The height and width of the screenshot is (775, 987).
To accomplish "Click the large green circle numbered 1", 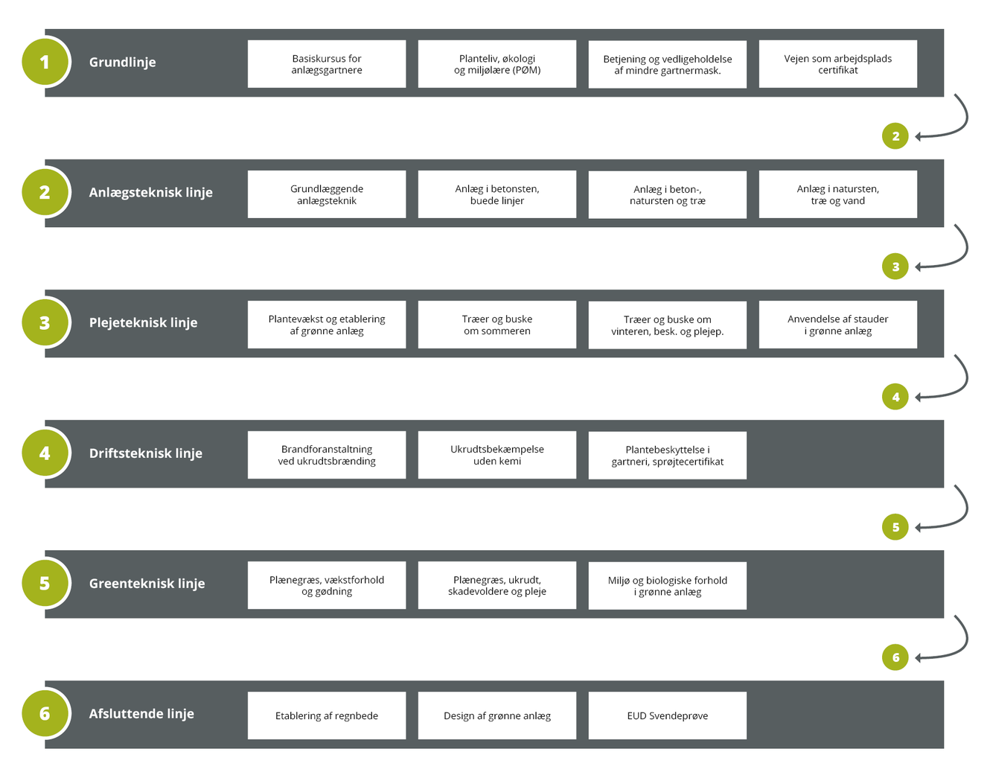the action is pos(45,62).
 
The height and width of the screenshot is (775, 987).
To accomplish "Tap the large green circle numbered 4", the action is pos(45,453).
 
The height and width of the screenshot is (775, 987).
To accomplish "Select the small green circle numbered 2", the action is pos(895,135).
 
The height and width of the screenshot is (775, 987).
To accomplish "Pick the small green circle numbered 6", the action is pos(895,657).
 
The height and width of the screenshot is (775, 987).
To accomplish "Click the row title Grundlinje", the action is pos(122,63).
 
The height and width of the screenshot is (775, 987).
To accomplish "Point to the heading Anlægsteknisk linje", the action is pos(151,193).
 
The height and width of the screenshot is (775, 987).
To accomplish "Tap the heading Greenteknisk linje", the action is pos(147,583).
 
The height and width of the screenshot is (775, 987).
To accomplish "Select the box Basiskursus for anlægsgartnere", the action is pos(327,64).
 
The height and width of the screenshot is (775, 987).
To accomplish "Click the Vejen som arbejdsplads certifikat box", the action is pos(837,64).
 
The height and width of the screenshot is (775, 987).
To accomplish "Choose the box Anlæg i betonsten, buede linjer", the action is pos(497,194).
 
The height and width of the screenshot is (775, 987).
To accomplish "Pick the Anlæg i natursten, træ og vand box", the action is pos(837,194).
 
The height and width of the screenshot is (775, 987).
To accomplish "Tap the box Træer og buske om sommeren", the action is pos(497,325).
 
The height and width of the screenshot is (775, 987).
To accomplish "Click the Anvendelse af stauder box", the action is pos(837,325).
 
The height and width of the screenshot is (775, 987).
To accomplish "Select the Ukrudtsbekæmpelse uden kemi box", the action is pos(497,455).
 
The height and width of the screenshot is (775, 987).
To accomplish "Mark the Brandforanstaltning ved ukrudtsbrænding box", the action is pos(327,455).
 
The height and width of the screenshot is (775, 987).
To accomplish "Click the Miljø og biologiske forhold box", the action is pos(667,586).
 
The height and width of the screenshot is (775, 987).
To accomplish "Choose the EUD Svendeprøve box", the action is pos(667,715).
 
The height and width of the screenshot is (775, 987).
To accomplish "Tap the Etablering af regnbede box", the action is pos(327,715).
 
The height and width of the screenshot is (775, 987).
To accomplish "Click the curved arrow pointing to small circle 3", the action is pos(967,248).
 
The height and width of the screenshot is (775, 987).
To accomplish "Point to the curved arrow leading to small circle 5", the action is pos(967,508).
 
